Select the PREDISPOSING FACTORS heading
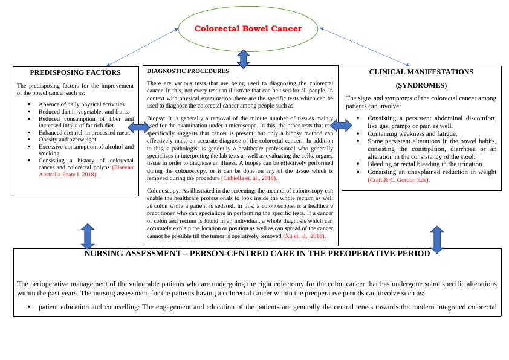(x=76, y=73)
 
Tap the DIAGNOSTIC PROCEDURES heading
(x=188, y=71)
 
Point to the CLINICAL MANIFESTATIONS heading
(x=421, y=72)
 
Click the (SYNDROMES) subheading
(x=421, y=85)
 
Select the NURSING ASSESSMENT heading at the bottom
(x=257, y=254)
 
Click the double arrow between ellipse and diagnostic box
(x=243, y=59)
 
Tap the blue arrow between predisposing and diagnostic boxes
(x=139, y=127)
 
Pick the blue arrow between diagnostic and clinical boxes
(x=341, y=126)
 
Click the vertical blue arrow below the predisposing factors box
(x=88, y=236)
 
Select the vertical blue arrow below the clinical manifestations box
(x=437, y=239)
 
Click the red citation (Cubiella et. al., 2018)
(x=249, y=179)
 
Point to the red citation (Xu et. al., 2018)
(x=305, y=236)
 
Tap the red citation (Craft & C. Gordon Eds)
(x=398, y=180)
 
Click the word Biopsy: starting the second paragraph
(x=155, y=118)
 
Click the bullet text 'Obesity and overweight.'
(x=68, y=140)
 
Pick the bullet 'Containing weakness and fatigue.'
(x=412, y=133)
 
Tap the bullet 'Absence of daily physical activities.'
(x=82, y=104)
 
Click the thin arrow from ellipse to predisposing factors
(x=142, y=47)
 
